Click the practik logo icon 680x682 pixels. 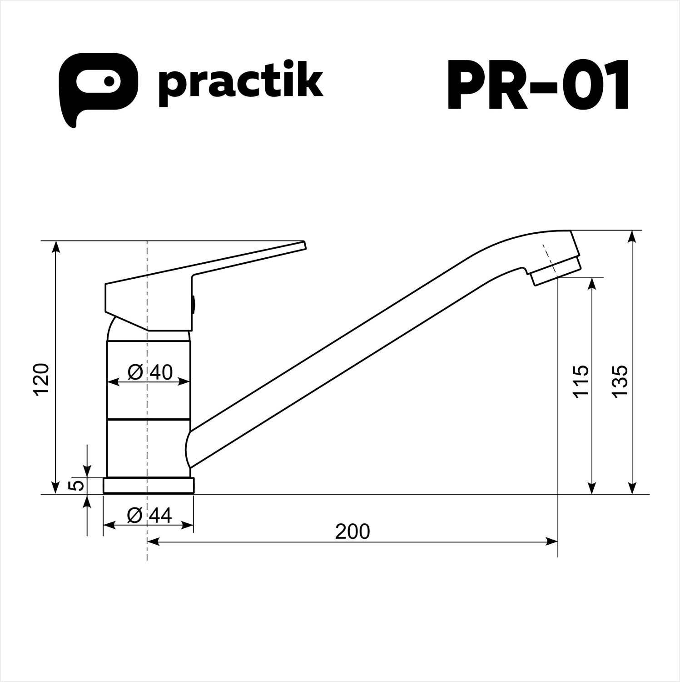click(98, 86)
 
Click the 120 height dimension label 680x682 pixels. click(42, 380)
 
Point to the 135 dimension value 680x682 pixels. click(620, 381)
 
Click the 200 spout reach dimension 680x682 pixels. click(352, 532)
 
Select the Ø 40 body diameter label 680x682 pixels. click(150, 372)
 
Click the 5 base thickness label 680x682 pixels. click(78, 485)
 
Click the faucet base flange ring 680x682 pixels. click(149, 485)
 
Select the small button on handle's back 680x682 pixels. click(193, 303)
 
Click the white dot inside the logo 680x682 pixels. click(109, 81)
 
